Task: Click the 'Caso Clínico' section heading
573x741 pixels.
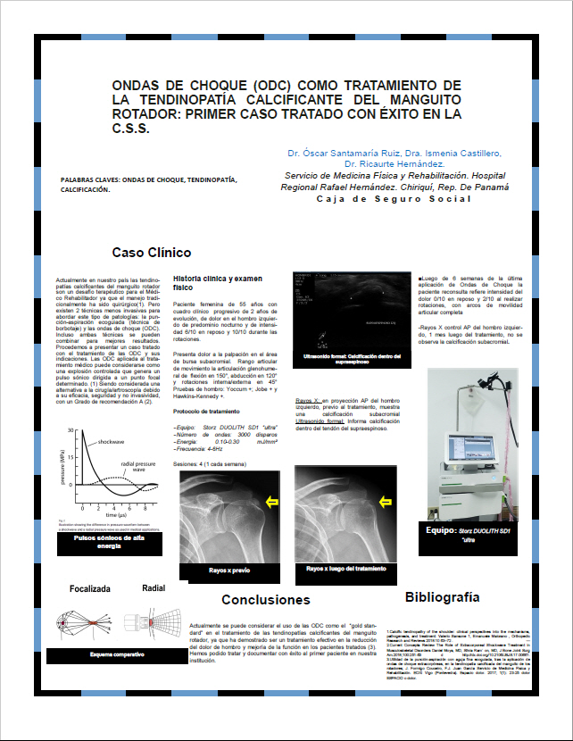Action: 152,253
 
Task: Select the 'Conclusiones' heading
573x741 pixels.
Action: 266,599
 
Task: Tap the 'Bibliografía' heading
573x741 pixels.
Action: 448,596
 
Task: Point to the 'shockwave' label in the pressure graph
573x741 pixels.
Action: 112,442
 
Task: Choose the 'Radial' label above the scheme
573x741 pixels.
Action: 154,588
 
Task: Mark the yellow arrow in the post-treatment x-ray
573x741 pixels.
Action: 386,504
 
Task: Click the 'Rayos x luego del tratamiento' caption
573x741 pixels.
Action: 345,568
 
